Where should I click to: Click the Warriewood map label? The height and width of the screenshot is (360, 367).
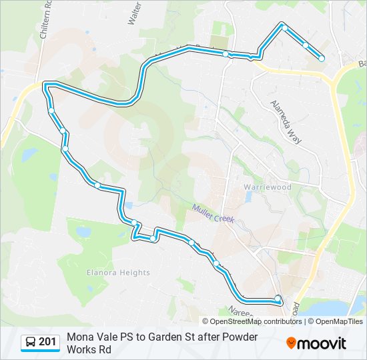coord(268,187)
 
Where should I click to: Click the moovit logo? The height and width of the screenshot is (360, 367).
coord(316,343)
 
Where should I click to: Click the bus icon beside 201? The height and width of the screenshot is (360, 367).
coord(31,343)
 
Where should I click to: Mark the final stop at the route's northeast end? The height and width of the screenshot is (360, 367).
coord(322,59)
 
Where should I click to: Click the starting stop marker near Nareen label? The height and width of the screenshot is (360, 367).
coord(278,299)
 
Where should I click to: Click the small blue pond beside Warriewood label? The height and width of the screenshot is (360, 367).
coord(248,197)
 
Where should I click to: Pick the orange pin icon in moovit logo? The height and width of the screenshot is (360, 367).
coord(291,343)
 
